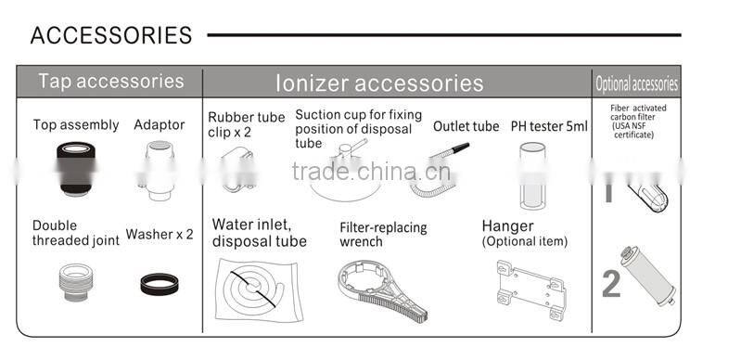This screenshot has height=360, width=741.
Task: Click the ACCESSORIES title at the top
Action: (x=111, y=35)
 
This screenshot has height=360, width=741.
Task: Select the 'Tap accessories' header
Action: (x=110, y=81)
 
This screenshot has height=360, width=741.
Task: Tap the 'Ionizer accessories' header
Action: (x=379, y=83)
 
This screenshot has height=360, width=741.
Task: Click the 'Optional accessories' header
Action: (x=636, y=84)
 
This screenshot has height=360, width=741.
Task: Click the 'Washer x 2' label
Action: (x=160, y=235)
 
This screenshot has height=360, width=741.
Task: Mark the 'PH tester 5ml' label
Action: (x=549, y=126)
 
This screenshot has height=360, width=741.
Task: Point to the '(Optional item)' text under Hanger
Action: (x=524, y=242)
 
